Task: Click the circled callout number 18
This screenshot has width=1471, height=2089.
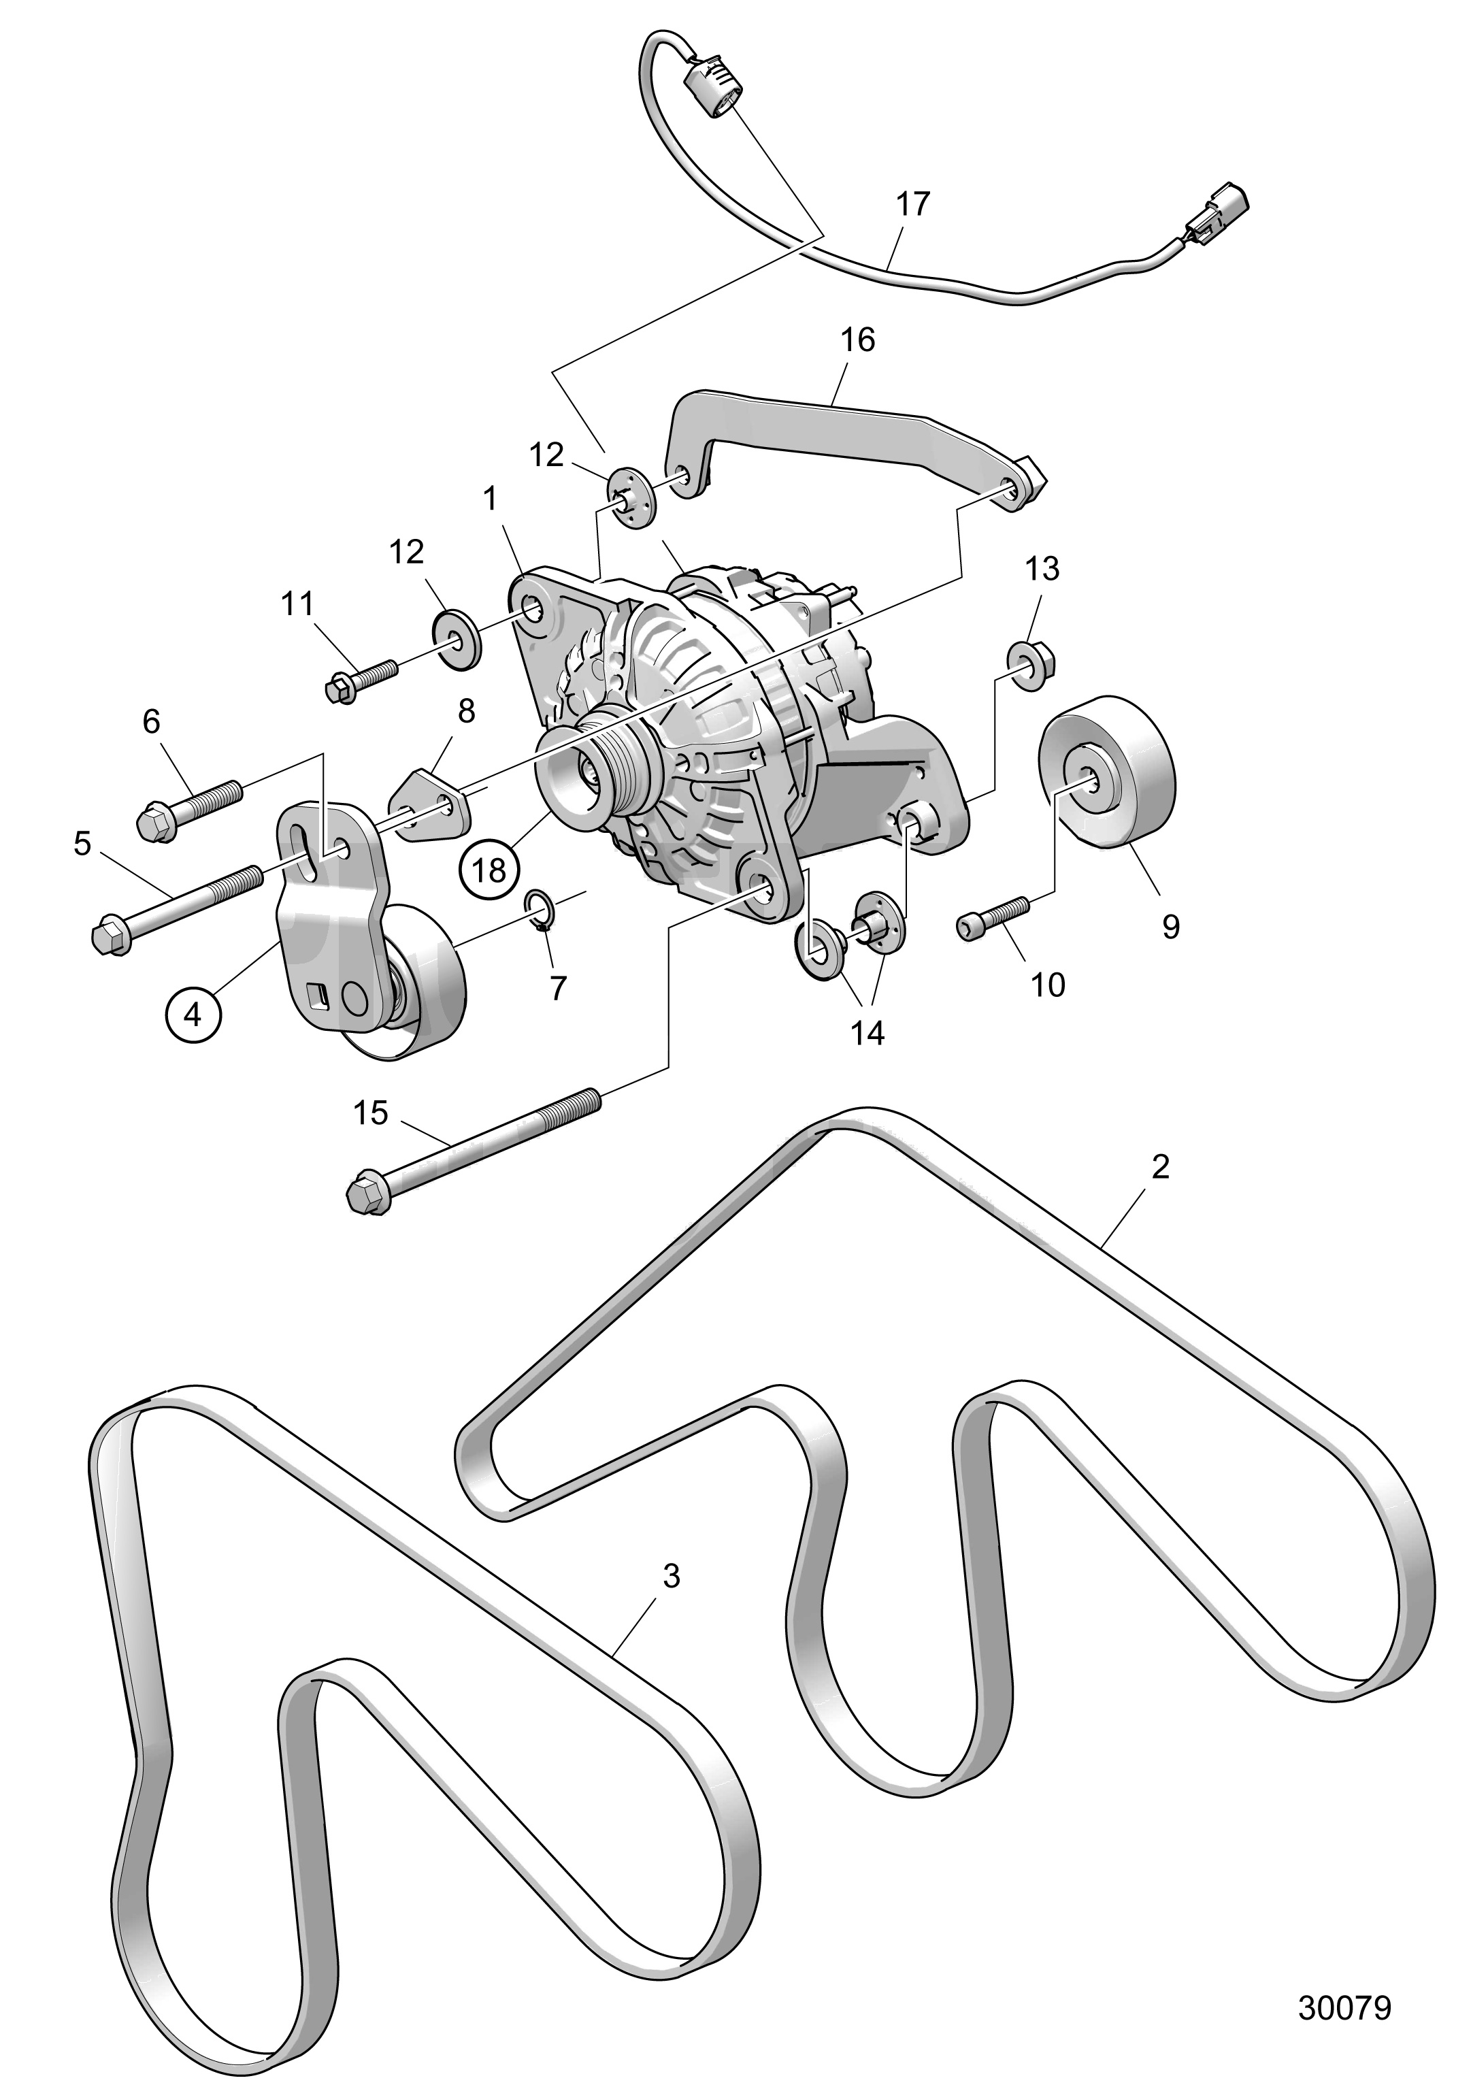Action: pos(489,871)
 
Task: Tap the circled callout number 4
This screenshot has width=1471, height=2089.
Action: pos(193,1014)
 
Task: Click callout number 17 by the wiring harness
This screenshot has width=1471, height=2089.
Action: pos(912,204)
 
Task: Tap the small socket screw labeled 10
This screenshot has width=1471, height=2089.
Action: pos(993,917)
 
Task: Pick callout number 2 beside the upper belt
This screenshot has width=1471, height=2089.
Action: pos(1160,1166)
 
